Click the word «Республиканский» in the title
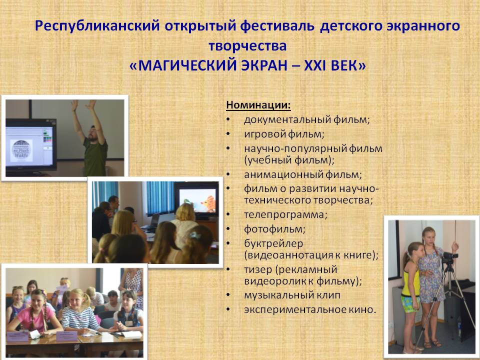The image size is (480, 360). point(97,25)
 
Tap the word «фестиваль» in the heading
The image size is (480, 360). point(277,25)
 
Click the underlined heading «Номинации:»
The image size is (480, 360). point(258,105)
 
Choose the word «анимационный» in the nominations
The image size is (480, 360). point(283,174)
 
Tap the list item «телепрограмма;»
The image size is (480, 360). point(285,214)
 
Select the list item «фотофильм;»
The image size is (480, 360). point(274,229)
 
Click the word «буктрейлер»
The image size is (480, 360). point(273,243)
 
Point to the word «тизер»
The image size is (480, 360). point(258,269)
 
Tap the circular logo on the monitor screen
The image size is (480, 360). point(21,151)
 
